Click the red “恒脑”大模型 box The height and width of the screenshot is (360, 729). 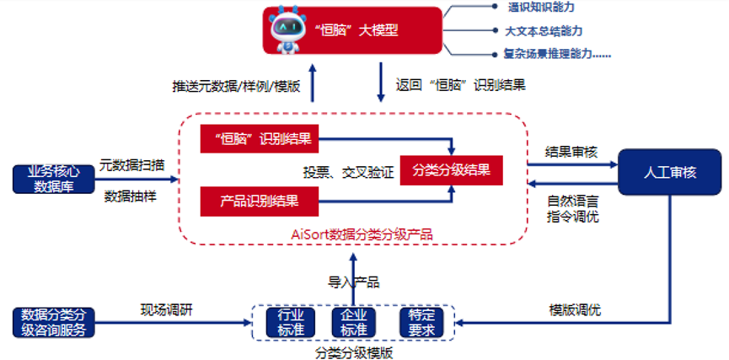tap(353, 31)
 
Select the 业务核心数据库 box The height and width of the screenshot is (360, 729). tap(51, 180)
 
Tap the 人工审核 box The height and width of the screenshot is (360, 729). tap(669, 172)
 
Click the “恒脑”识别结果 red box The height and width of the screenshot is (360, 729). tap(260, 139)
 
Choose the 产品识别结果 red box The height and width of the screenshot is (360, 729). tap(260, 201)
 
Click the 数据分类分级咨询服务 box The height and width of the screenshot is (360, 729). tap(51, 323)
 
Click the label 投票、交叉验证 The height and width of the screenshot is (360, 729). tap(348, 172)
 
